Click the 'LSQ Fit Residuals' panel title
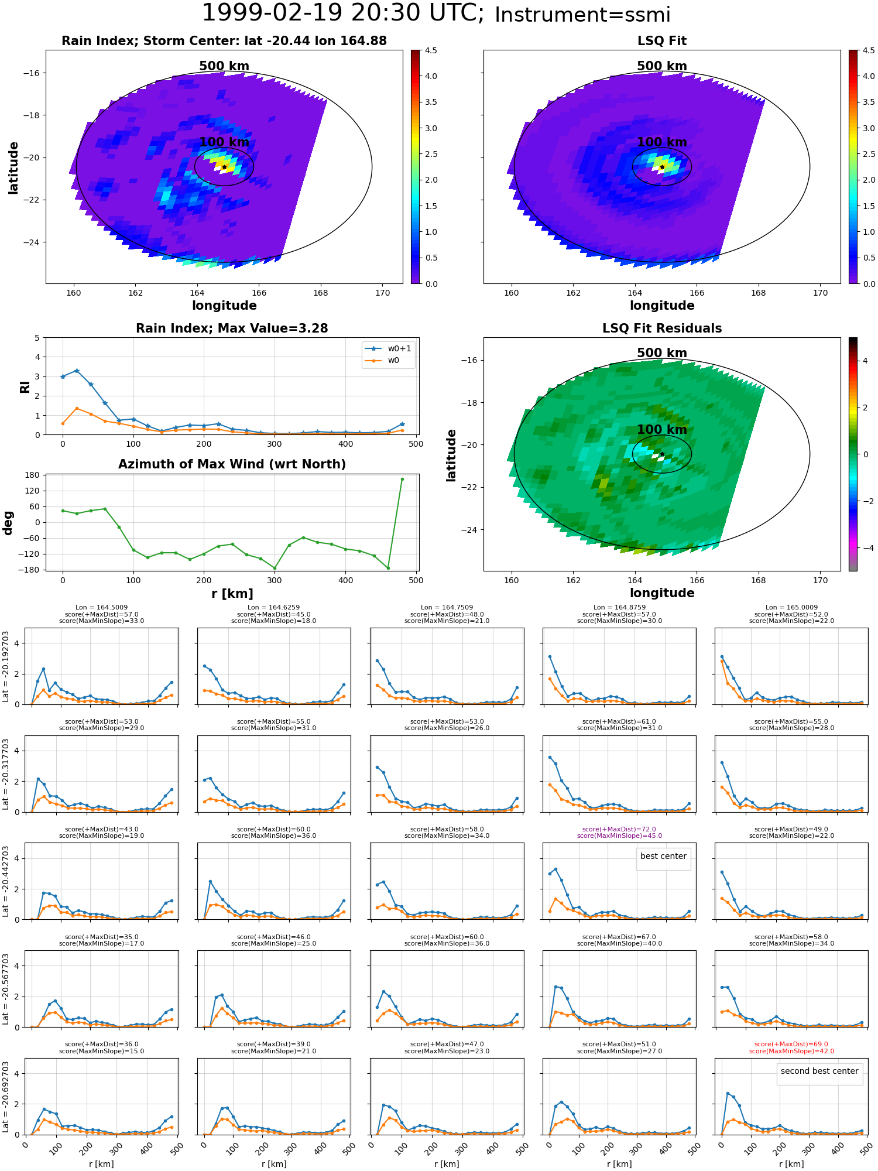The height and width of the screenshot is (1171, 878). [x=661, y=328]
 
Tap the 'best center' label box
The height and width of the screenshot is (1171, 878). [x=663, y=856]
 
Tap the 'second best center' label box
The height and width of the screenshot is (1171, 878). [x=819, y=1071]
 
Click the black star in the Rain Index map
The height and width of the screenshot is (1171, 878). [x=224, y=167]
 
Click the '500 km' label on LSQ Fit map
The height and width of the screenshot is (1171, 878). [x=661, y=66]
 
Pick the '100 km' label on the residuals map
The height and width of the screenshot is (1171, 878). [x=661, y=430]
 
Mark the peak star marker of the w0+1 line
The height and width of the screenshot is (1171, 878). [x=77, y=371]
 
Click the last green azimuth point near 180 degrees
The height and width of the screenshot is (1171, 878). [x=402, y=479]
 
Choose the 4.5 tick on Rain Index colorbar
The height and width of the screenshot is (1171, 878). [x=431, y=51]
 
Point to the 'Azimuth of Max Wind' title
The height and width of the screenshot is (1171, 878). [x=232, y=464]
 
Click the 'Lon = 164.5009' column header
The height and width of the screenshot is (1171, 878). [x=101, y=608]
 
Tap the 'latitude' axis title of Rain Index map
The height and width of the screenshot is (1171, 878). [x=13, y=167]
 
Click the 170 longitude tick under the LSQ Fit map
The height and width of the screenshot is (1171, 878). [x=820, y=293]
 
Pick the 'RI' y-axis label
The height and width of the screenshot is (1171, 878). [x=25, y=386]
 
